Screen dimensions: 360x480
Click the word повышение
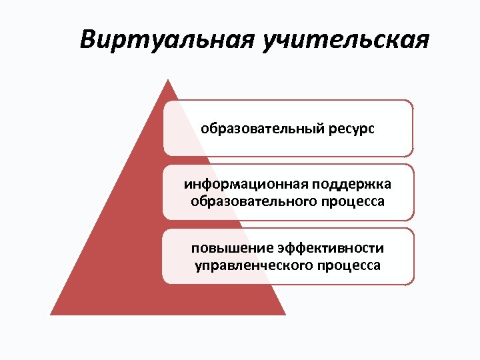(222, 248)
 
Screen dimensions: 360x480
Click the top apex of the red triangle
(168, 80)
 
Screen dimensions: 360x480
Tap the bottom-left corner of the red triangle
(51, 314)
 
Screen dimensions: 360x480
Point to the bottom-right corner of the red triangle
(285, 314)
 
